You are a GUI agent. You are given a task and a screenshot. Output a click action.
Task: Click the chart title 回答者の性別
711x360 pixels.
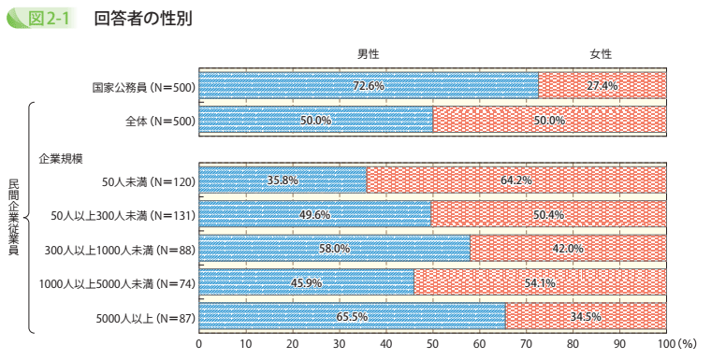[143, 19]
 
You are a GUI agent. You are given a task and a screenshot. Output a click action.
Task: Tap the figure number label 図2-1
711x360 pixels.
[52, 19]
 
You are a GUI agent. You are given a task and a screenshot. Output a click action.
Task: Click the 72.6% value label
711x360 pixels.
[368, 86]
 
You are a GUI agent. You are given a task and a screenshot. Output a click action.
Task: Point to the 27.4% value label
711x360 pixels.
[602, 86]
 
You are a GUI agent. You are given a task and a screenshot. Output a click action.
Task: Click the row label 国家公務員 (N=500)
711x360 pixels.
[143, 87]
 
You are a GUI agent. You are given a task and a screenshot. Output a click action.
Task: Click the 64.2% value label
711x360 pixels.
[516, 180]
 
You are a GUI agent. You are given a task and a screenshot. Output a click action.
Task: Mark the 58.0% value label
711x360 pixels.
[334, 249]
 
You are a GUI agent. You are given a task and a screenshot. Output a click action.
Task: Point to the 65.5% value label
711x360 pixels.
[352, 317]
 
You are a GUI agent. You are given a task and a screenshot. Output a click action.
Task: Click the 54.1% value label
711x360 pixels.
[540, 282]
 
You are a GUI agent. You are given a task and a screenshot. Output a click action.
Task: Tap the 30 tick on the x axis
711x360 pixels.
[340, 344]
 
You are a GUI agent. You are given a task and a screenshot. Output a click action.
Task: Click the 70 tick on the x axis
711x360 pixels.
[526, 344]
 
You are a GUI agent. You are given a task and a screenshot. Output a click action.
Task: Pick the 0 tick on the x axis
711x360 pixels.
[199, 344]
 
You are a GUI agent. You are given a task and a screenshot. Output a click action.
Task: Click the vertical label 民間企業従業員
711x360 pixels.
[13, 217]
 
